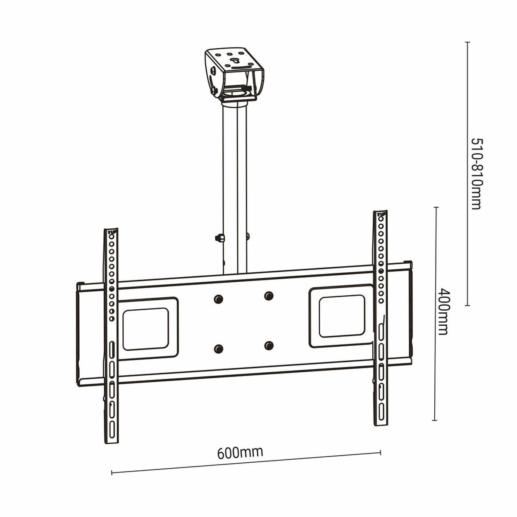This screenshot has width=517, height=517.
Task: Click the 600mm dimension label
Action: (240, 452)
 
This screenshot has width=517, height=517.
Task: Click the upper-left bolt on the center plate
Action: (218, 299)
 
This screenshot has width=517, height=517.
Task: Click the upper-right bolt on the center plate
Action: (269, 296)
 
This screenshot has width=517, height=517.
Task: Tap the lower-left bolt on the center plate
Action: (218, 349)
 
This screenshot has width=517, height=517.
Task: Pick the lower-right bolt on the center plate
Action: (269, 345)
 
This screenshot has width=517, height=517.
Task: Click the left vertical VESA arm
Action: (111, 336)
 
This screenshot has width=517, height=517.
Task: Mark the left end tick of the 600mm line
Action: (112, 473)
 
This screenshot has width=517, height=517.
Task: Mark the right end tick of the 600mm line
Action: (380, 452)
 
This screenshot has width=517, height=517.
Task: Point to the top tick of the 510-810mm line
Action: (467, 42)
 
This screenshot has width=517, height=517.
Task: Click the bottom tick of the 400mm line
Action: (435, 420)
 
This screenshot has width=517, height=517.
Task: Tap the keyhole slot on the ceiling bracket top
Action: (235, 61)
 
